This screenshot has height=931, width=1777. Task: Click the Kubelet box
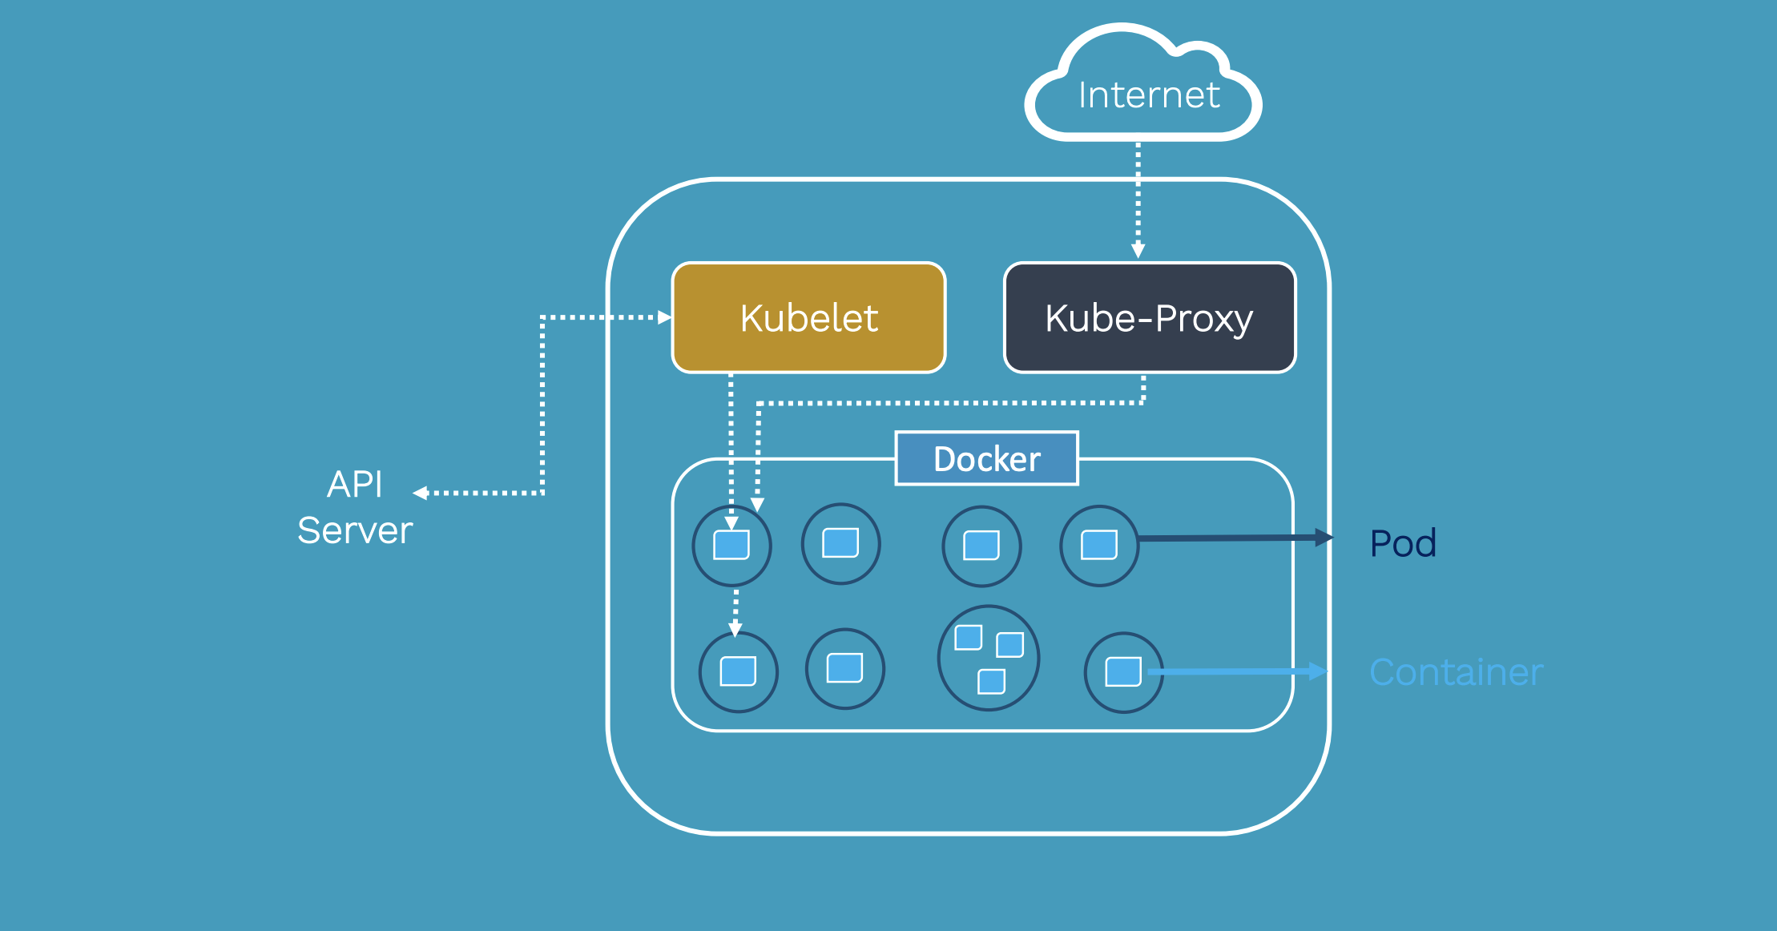[x=809, y=318]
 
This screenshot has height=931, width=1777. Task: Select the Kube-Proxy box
[x=1150, y=318]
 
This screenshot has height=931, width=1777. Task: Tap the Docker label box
[x=987, y=458]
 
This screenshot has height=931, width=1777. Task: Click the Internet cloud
[x=1143, y=84]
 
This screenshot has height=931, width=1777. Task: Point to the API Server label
[x=355, y=507]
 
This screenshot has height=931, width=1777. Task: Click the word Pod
[x=1404, y=543]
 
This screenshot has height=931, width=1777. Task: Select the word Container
[x=1456, y=672]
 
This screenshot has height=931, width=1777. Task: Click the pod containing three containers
[x=989, y=658]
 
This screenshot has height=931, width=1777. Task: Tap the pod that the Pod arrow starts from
[x=1099, y=546]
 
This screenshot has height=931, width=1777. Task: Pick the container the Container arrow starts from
[x=1123, y=671]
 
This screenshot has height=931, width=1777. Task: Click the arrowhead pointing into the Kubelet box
[x=664, y=317]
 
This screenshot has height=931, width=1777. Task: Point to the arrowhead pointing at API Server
[x=420, y=493]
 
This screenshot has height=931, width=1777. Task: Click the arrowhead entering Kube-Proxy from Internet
[x=1138, y=252]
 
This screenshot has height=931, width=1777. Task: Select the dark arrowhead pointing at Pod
[x=1325, y=538]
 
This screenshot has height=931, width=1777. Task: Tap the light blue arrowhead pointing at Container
[x=1319, y=671]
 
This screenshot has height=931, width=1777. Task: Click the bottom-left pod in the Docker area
[x=739, y=671]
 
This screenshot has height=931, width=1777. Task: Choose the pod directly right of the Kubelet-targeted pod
[x=841, y=544]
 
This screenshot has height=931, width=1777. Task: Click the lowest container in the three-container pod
[x=991, y=682]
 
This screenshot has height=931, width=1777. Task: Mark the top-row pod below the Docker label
[x=982, y=546]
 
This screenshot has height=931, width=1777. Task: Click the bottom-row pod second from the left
[x=845, y=668]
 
